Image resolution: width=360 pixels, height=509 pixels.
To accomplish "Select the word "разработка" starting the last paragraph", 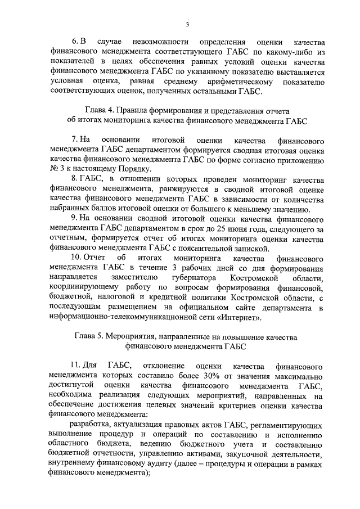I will click(x=88, y=426).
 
